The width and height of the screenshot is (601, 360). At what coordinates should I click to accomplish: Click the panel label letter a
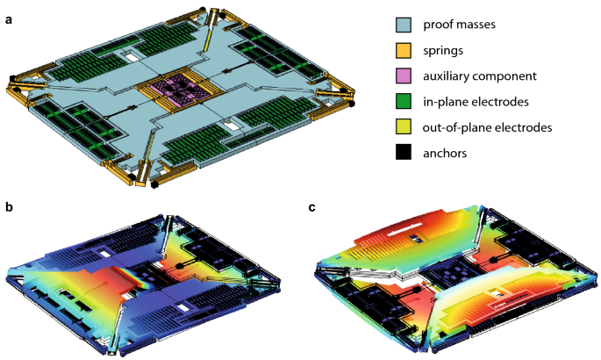click(x=9, y=20)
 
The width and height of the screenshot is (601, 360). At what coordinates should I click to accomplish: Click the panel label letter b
click(x=9, y=207)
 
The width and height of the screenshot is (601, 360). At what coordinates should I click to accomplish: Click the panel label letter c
click(x=312, y=207)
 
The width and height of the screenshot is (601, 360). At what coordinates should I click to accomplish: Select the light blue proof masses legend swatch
click(x=404, y=25)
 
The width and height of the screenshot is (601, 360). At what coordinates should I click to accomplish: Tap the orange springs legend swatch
click(x=404, y=50)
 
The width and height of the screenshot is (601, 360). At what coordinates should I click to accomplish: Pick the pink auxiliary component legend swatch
click(x=404, y=76)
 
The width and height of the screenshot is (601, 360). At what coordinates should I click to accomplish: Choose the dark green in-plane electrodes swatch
click(x=404, y=102)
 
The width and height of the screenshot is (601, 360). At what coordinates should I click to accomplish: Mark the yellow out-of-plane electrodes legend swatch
click(x=404, y=127)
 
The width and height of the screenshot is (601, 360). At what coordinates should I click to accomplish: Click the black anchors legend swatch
click(x=404, y=153)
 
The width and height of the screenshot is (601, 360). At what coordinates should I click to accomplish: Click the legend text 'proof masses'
click(x=459, y=25)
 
